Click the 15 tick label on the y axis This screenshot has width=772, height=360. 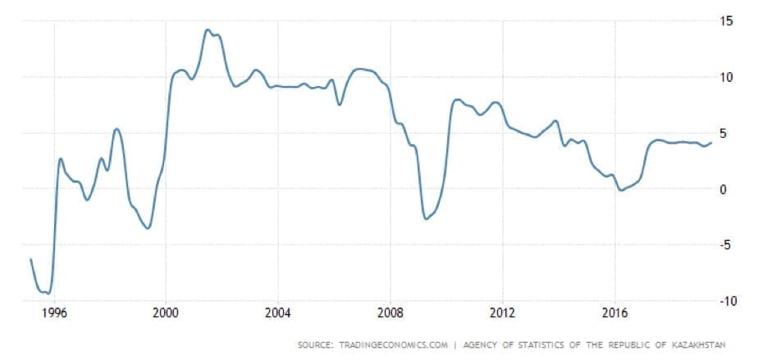point(726,21)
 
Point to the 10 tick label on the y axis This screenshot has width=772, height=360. point(726,77)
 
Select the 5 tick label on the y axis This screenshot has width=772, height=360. point(724,133)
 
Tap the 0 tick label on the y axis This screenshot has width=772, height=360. point(724,189)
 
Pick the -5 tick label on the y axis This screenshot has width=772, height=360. point(725,245)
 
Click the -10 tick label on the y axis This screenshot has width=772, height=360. point(728,301)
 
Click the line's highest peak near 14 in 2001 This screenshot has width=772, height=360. point(207,30)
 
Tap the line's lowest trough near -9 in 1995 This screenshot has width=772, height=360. point(48,293)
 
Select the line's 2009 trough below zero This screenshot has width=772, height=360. point(426,219)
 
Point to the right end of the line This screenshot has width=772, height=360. point(710,143)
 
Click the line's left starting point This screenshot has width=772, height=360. point(30,259)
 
